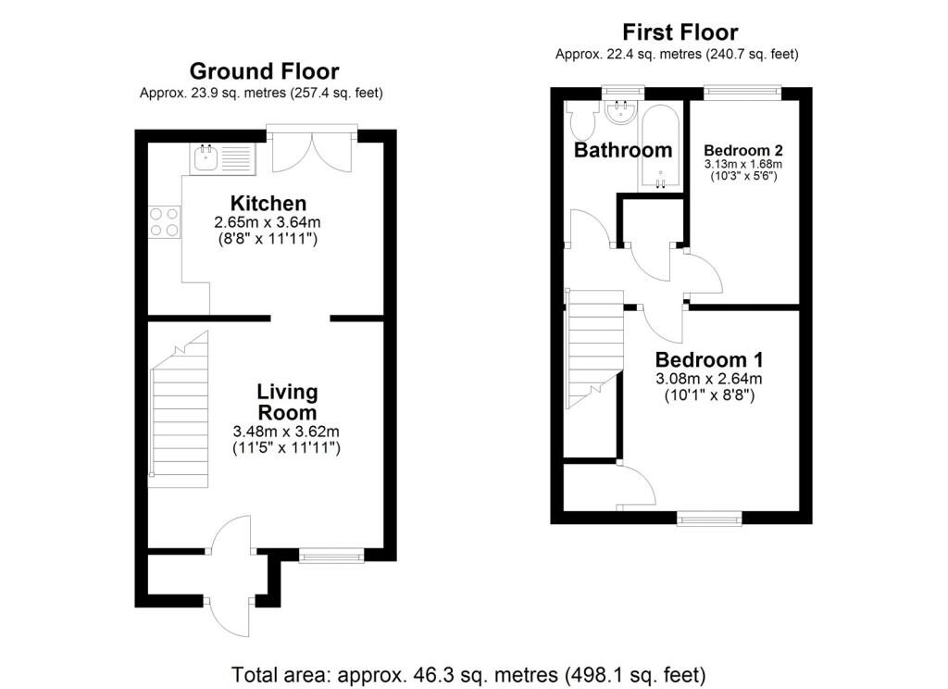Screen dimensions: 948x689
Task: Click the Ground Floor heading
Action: pyautogui.click(x=264, y=71)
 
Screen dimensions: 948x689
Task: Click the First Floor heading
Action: pyautogui.click(x=680, y=32)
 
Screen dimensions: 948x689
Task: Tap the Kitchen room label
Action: pyautogui.click(x=268, y=203)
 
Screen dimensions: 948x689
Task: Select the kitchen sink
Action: pyautogui.click(x=222, y=159)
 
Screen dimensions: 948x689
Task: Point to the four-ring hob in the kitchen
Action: pyautogui.click(x=165, y=222)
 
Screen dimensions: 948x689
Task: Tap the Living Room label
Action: pyautogui.click(x=287, y=402)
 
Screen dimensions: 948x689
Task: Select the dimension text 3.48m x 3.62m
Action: pyautogui.click(x=286, y=432)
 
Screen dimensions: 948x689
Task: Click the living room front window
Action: pyautogui.click(x=331, y=556)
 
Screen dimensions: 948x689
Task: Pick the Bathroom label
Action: pyautogui.click(x=623, y=150)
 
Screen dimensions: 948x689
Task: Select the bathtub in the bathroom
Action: pyautogui.click(x=660, y=148)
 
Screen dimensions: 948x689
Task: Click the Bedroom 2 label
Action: pyautogui.click(x=743, y=150)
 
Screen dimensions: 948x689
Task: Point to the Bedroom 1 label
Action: pyautogui.click(x=708, y=360)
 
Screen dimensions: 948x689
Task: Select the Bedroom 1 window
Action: pyautogui.click(x=709, y=519)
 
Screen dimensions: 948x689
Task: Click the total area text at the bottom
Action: pyautogui.click(x=468, y=674)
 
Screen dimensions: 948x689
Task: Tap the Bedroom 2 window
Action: pyautogui.click(x=742, y=93)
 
